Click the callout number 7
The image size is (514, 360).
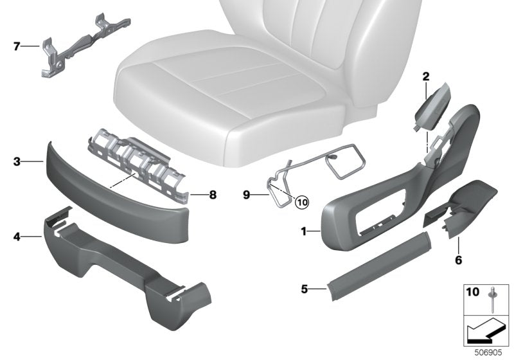tap(17, 46)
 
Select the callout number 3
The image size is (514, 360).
tap(17, 163)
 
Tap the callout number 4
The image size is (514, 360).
tap(17, 237)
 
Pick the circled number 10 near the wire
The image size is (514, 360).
tap(302, 201)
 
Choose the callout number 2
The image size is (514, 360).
tap(425, 77)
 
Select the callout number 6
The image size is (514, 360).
tap(459, 261)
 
